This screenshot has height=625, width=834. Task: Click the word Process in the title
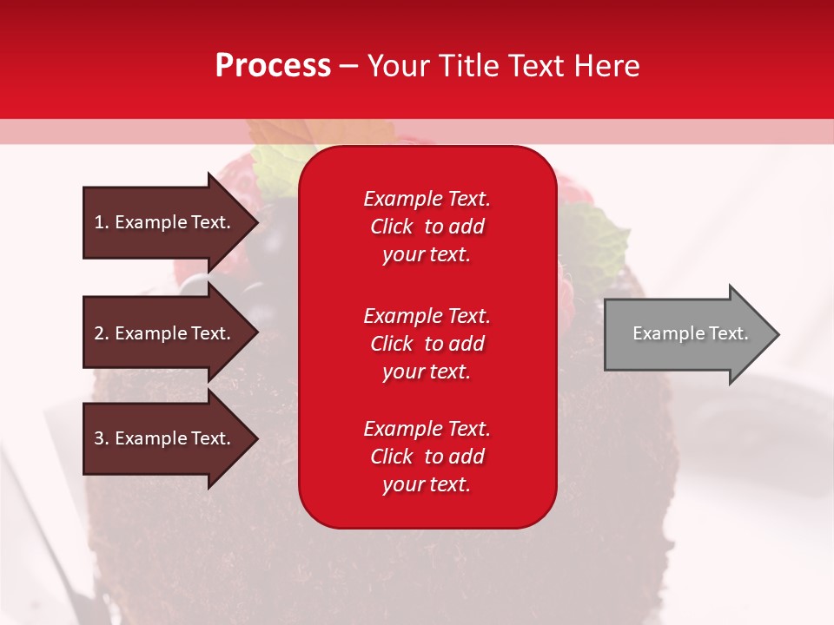coord(273,65)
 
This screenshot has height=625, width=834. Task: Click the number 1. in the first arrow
coord(102,222)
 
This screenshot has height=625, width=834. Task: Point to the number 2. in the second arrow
coord(102,333)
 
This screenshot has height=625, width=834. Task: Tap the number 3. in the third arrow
coord(102,438)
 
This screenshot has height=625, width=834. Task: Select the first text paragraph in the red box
coord(427,227)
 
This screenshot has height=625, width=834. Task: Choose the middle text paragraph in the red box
coord(427,344)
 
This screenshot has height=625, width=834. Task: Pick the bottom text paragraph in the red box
coord(427,457)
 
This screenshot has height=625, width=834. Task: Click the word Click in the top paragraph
coord(391,227)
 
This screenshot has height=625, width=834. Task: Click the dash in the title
coord(348,66)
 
